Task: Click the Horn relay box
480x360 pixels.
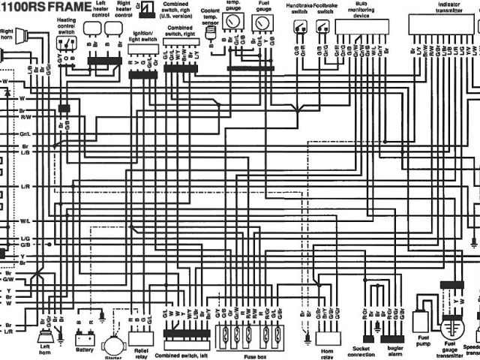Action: coord(328,338)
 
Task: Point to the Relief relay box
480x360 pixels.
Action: coord(140,338)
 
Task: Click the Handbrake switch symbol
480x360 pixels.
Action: coord(301,28)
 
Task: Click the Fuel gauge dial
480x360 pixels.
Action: coord(262,23)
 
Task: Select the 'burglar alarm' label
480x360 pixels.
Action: coord(395,352)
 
